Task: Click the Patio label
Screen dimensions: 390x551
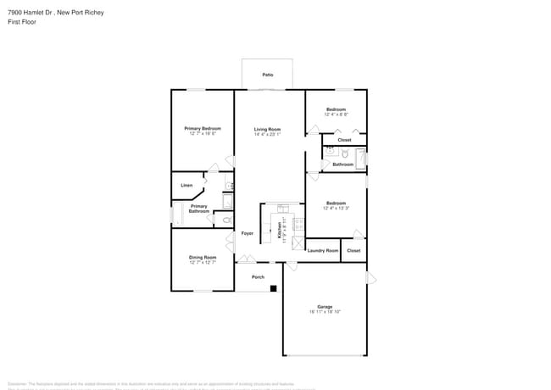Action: point(267,75)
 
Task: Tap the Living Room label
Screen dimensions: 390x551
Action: point(267,129)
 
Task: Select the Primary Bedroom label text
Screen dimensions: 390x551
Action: point(203,129)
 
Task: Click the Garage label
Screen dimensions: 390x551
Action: point(325,307)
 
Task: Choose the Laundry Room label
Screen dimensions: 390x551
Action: point(322,250)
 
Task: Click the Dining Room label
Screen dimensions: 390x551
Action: point(203,257)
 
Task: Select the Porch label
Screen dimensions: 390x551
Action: point(258,276)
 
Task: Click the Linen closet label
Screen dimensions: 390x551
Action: point(186,185)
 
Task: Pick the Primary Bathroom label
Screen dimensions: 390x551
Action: point(198,209)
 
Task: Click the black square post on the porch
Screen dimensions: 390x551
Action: point(273,288)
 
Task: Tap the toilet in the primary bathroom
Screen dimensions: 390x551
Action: point(225,220)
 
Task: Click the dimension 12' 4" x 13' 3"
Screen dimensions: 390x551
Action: point(337,208)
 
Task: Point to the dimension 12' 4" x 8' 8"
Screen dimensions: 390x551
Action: point(337,114)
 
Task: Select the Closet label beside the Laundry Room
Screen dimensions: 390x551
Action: point(353,250)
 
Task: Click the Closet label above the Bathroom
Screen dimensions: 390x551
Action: point(344,140)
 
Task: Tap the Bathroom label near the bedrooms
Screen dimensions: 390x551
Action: point(342,164)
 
